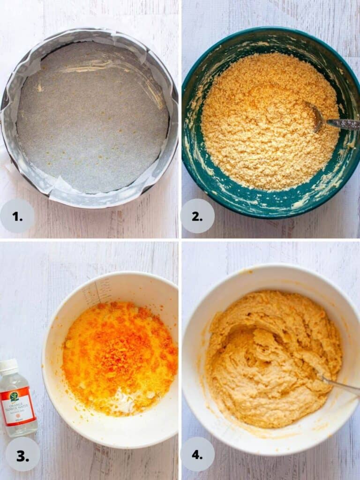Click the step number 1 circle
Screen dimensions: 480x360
17,216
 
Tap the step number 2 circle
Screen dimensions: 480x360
197,216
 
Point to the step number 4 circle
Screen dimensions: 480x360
197,454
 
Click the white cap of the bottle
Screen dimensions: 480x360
8,366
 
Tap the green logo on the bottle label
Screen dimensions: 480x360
14,397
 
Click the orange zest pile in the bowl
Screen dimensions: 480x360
117,347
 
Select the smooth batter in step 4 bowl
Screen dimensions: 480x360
272,361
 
